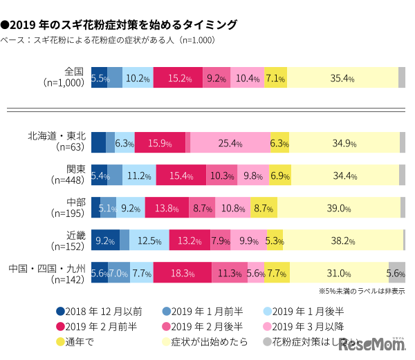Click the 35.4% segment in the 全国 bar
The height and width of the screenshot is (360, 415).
pos(342,78)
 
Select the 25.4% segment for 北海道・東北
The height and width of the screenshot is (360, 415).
pos(230,143)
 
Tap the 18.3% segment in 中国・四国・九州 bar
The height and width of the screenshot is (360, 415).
pos(183,273)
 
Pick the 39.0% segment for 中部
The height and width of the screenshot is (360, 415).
pos(340,207)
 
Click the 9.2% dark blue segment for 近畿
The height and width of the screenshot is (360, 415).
pos(105,240)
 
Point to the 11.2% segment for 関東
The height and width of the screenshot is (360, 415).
pos(139,176)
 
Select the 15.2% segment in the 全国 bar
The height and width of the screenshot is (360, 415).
pos(178,78)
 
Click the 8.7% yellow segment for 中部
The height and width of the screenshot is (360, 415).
pos(263,207)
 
